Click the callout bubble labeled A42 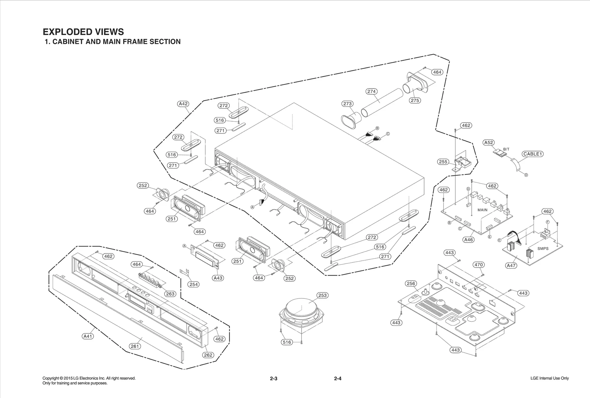click(183, 104)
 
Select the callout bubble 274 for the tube click(372, 91)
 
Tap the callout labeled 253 click(322, 295)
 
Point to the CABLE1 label click(532, 154)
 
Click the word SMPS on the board click(543, 249)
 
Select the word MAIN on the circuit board click(482, 210)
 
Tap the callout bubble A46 click(468, 240)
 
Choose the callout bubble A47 click(511, 265)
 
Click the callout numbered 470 click(479, 265)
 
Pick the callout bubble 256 click(411, 283)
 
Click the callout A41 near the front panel click(87, 336)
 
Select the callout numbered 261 click(135, 346)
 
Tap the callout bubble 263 click(170, 294)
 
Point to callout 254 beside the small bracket click(194, 284)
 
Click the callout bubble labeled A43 click(218, 278)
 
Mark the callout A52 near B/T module click(489, 143)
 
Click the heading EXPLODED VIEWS click(83, 32)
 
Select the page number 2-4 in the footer click(337, 378)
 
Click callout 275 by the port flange click(415, 100)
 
